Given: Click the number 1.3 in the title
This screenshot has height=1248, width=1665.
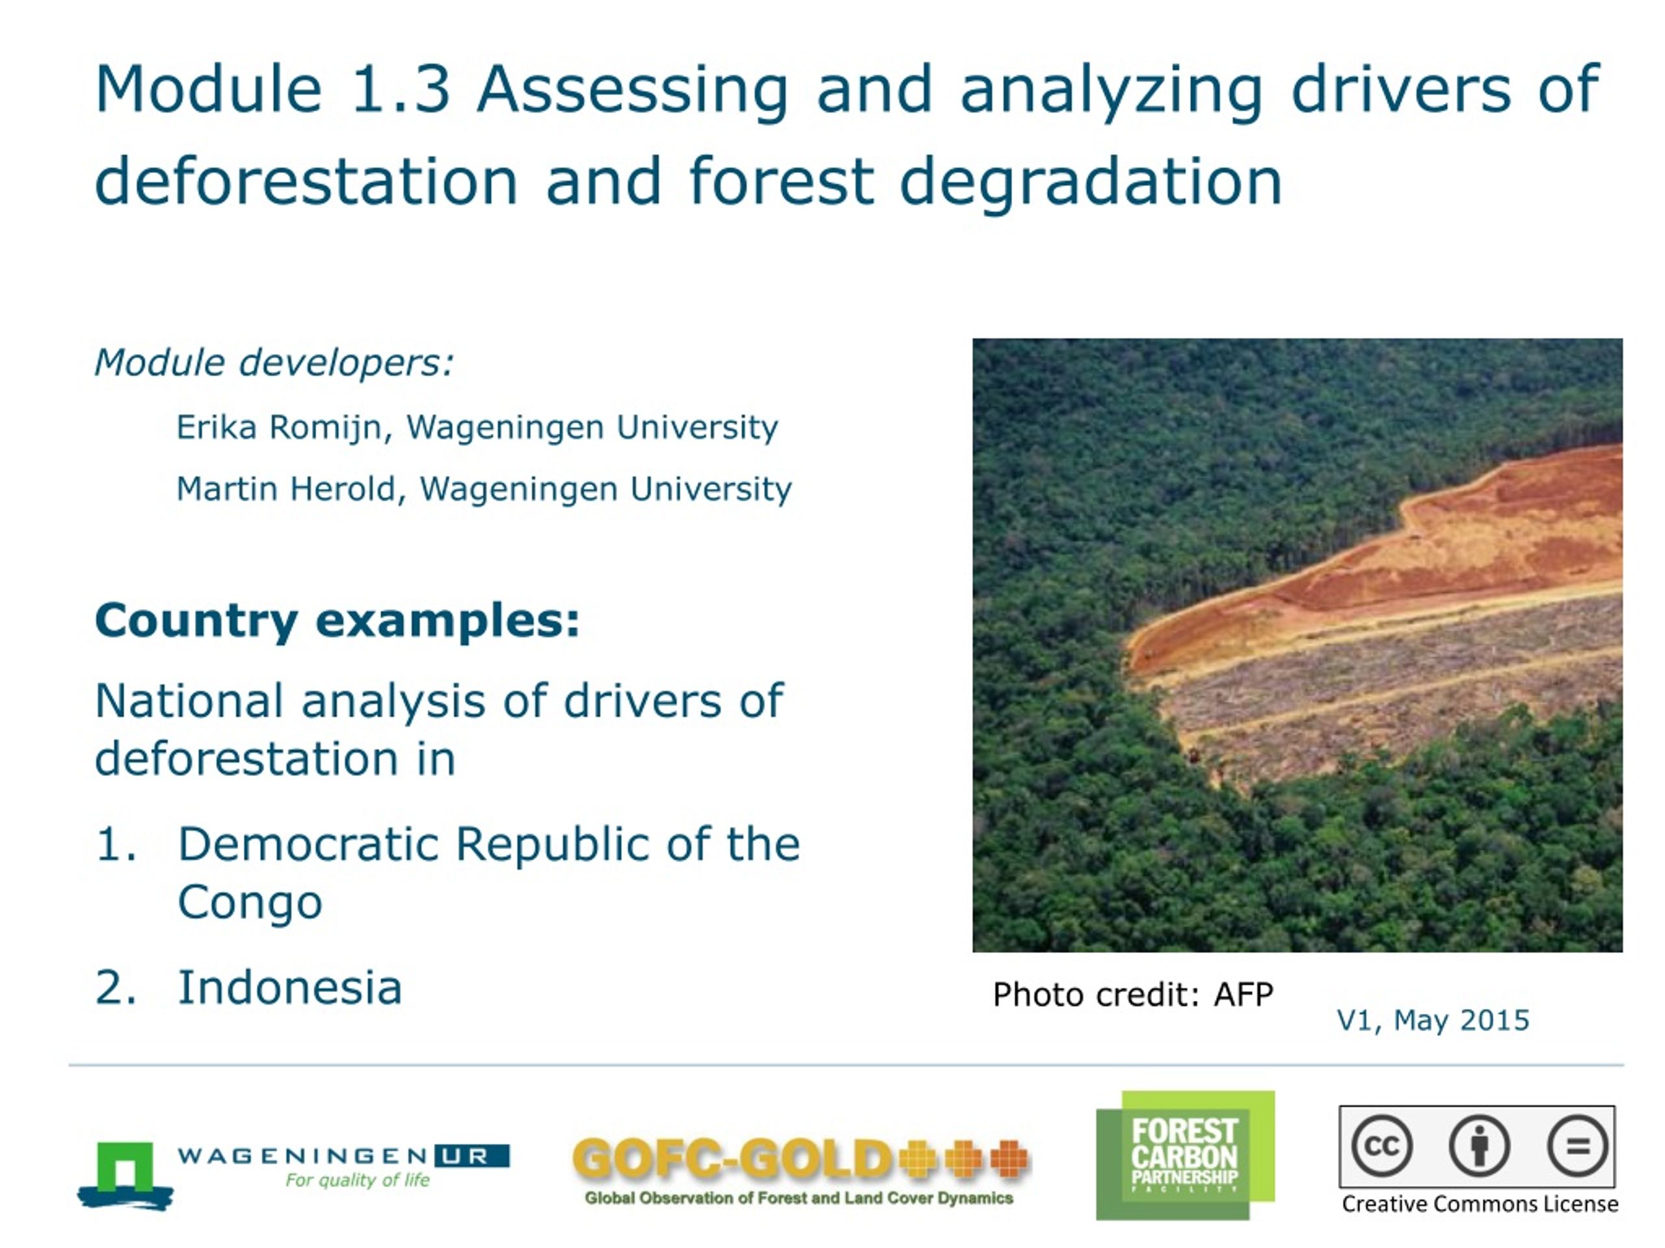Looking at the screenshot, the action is coord(401,89).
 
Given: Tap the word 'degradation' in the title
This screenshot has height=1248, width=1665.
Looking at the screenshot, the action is coord(1091,182).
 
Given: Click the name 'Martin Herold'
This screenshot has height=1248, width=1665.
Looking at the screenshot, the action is coord(286,489).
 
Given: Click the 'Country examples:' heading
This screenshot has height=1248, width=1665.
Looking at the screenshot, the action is coord(337,621).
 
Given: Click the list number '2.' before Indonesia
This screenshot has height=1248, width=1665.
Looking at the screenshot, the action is coord(116,988).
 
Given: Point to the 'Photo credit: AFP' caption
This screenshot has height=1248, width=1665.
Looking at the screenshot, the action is coord(1133,994).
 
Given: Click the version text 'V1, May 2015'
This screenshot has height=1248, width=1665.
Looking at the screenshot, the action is coord(1432,1020).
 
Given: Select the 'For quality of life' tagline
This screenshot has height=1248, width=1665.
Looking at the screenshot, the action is coord(358,1180).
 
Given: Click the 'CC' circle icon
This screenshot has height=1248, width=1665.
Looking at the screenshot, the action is coord(1381,1147).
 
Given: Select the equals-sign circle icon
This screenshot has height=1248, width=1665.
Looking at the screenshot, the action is coord(1578,1147).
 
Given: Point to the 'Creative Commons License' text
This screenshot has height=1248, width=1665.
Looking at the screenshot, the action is coord(1480,1204).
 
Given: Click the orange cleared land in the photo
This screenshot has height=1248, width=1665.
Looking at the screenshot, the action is coord(1430,541).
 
